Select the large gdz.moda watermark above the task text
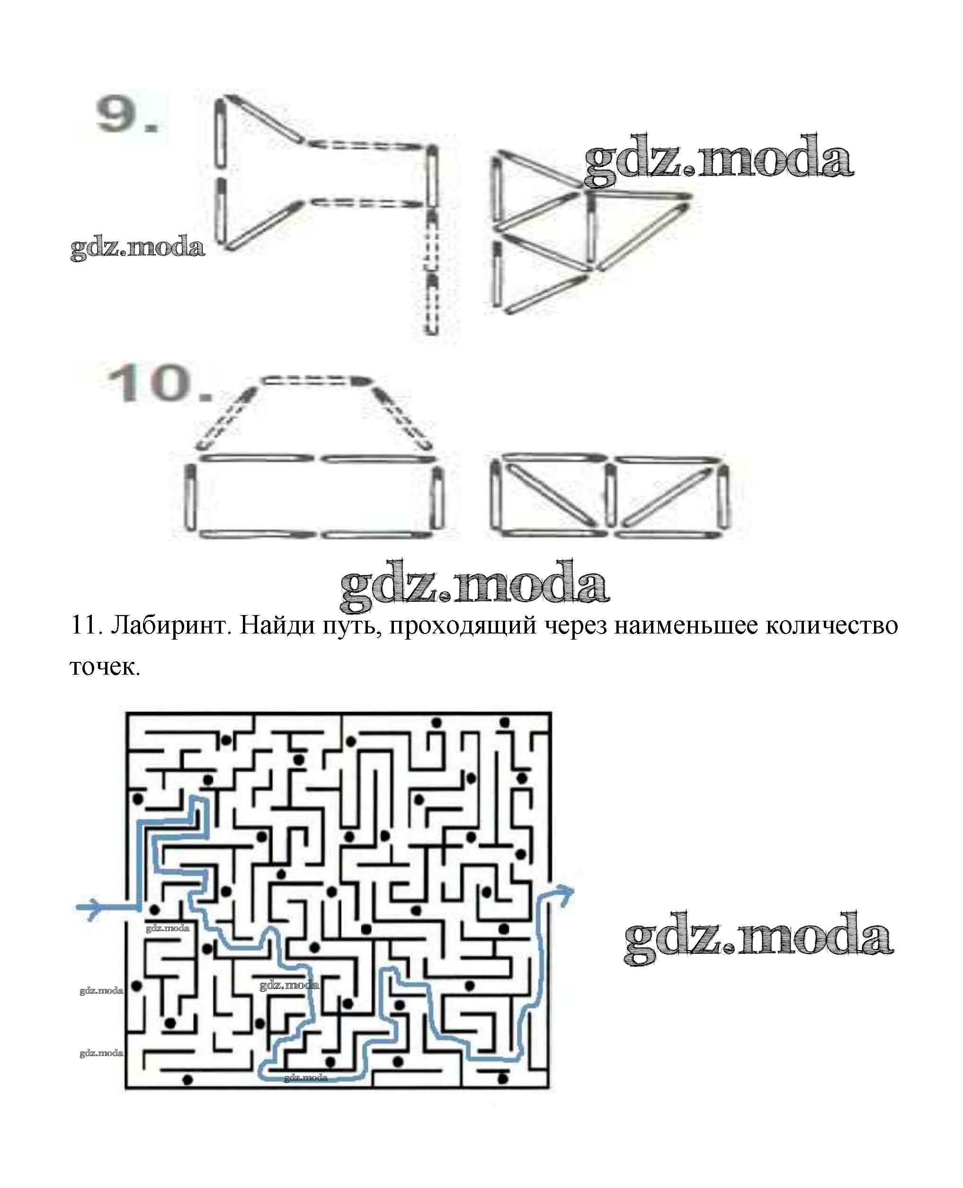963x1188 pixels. (x=474, y=586)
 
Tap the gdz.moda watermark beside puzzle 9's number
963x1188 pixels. (x=138, y=248)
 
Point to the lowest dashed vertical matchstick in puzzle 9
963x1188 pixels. (x=432, y=304)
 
